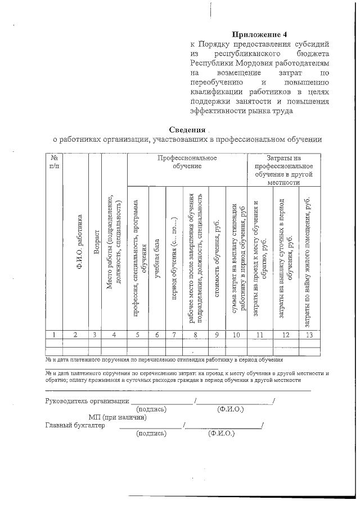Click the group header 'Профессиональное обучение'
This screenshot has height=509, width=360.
pyautogui.click(x=187, y=162)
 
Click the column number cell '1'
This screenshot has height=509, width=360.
pyautogui.click(x=53, y=335)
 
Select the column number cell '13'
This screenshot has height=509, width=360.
pyautogui.click(x=308, y=335)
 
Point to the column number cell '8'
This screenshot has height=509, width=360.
pyautogui.click(x=195, y=335)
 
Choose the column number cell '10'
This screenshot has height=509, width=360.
pyautogui.click(x=236, y=335)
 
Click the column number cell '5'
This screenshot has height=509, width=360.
pyautogui.click(x=137, y=335)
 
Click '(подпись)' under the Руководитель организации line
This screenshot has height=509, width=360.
pyautogui.click(x=151, y=409)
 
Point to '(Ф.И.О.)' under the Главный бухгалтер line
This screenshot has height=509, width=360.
pyautogui.click(x=222, y=434)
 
